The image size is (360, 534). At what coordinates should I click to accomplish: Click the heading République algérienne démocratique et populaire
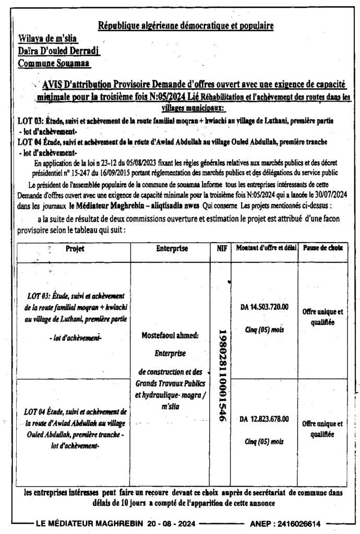[x=186, y=25]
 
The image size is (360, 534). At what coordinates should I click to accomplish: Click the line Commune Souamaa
[x=54, y=63]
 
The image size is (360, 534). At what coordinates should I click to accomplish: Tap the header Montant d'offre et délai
[x=263, y=249]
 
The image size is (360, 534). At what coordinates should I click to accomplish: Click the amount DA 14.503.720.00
[x=265, y=308]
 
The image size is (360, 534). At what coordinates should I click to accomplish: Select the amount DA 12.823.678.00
[x=265, y=419]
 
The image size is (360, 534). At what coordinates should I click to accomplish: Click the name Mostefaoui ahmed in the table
[x=170, y=336]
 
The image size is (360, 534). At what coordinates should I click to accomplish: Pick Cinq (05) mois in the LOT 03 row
[x=264, y=329]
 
